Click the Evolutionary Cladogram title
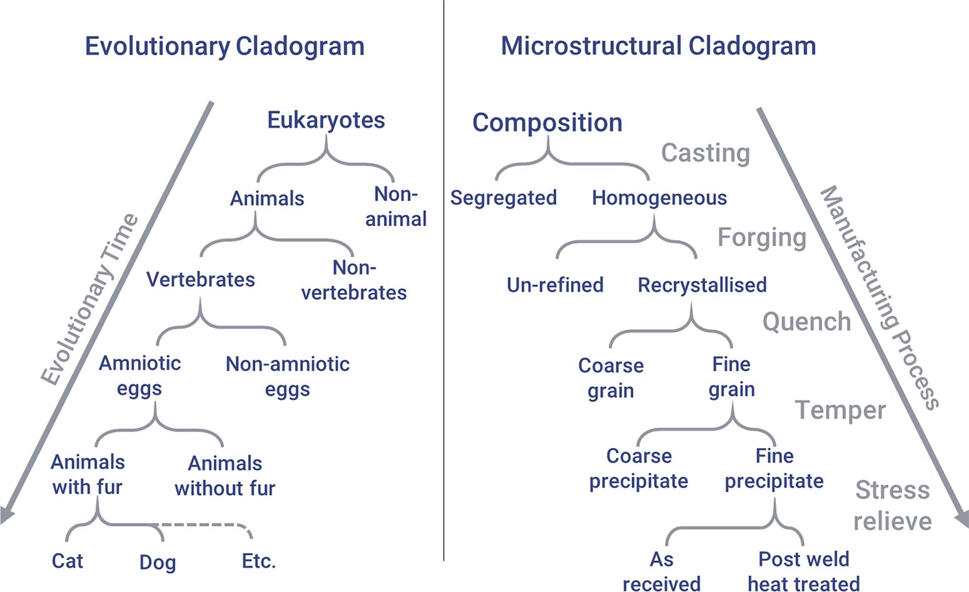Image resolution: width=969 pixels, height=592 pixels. (x=224, y=47)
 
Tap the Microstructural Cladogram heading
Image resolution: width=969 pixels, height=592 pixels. (x=658, y=47)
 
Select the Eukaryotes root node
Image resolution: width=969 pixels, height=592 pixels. (x=326, y=120)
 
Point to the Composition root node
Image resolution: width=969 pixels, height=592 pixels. (x=547, y=123)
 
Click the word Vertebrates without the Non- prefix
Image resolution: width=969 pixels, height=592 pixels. (x=200, y=279)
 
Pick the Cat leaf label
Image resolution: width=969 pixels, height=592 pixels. (x=68, y=561)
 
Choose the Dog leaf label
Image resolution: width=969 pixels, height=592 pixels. (x=158, y=563)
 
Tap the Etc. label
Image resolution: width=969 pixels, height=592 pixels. (x=259, y=561)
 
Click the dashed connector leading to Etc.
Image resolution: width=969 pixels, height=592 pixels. (x=203, y=525)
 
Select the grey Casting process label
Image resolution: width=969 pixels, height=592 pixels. (x=706, y=153)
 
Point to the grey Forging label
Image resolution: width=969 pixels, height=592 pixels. (x=762, y=238)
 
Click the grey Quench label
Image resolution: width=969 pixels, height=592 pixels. (x=807, y=322)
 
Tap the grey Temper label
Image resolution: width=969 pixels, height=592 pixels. (x=840, y=410)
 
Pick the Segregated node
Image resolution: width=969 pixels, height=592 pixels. (x=503, y=198)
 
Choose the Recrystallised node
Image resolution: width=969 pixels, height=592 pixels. (x=703, y=285)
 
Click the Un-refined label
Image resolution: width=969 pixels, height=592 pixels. (x=555, y=285)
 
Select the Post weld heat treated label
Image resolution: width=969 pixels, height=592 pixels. (x=804, y=571)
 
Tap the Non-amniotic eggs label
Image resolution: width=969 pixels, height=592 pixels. (x=288, y=376)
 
